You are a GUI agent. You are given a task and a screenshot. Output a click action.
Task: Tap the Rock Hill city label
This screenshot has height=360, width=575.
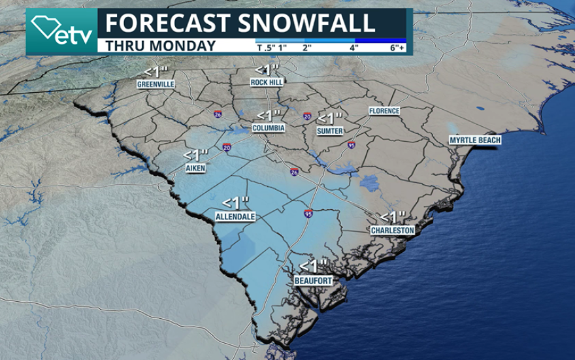(267, 82)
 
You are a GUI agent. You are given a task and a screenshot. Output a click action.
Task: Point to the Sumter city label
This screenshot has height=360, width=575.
(329, 131)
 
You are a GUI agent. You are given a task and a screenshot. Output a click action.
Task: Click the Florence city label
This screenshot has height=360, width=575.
(384, 111)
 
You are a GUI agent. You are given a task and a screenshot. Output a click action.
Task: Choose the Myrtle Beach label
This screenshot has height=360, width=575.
(475, 140)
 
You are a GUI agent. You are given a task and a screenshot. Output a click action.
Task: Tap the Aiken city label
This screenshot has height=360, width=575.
(195, 169)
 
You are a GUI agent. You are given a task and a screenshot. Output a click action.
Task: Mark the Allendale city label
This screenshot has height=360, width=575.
(235, 216)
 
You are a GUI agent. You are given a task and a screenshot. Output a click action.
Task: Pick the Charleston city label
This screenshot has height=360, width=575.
(392, 231)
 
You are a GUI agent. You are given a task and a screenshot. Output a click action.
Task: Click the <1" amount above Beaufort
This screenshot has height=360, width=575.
(312, 267)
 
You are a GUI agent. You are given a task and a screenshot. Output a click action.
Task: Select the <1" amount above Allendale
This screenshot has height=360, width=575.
(235, 203)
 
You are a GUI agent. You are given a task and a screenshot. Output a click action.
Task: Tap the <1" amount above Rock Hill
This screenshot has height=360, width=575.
(267, 69)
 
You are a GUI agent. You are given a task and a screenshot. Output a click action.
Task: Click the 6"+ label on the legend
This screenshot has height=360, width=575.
(396, 48)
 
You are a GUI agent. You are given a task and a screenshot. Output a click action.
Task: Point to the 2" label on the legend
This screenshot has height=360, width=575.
(307, 48)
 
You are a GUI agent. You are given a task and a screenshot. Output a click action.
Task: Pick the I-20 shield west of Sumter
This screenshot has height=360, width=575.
(307, 116)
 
